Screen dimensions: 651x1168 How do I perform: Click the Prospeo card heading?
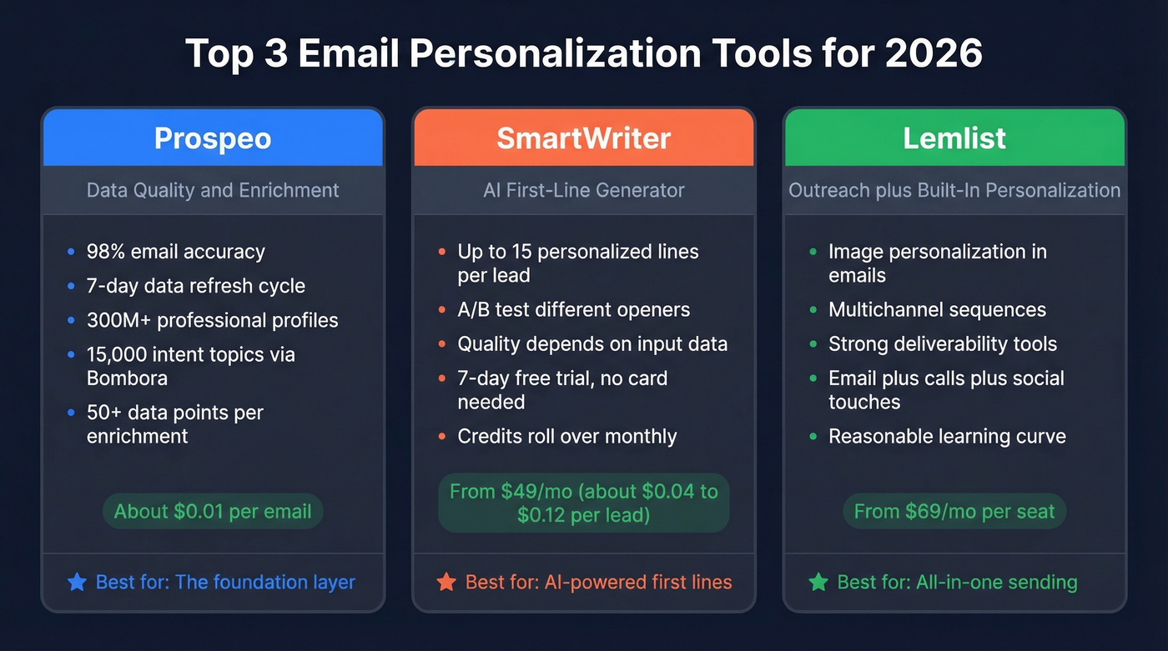pos(213,138)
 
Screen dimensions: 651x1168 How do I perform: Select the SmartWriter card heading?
pos(583,138)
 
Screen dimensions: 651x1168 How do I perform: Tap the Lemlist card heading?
pos(954,138)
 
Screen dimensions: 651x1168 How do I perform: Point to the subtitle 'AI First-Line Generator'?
pos(583,190)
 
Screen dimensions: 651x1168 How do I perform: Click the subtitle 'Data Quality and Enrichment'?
pos(213,190)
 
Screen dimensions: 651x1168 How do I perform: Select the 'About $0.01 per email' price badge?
pos(213,511)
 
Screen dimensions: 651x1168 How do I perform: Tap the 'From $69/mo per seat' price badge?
pos(954,511)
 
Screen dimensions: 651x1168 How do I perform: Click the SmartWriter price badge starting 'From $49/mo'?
pos(583,503)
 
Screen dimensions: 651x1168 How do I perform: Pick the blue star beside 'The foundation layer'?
pos(77,582)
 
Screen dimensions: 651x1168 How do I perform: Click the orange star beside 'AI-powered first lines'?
pos(446,582)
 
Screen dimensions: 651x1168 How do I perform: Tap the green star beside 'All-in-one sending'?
pos(818,582)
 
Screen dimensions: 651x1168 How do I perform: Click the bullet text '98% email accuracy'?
pos(175,251)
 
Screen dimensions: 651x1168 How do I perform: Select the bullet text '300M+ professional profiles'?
pos(212,320)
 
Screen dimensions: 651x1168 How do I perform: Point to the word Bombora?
pos(127,378)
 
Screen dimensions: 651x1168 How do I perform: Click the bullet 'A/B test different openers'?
pos(573,310)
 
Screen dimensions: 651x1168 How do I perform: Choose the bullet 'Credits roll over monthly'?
pos(566,436)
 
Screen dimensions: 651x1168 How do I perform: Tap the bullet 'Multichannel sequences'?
pos(937,310)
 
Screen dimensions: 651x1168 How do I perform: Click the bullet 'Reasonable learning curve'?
pos(947,436)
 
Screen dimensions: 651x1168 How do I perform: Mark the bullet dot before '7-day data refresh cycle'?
pos(71,286)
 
